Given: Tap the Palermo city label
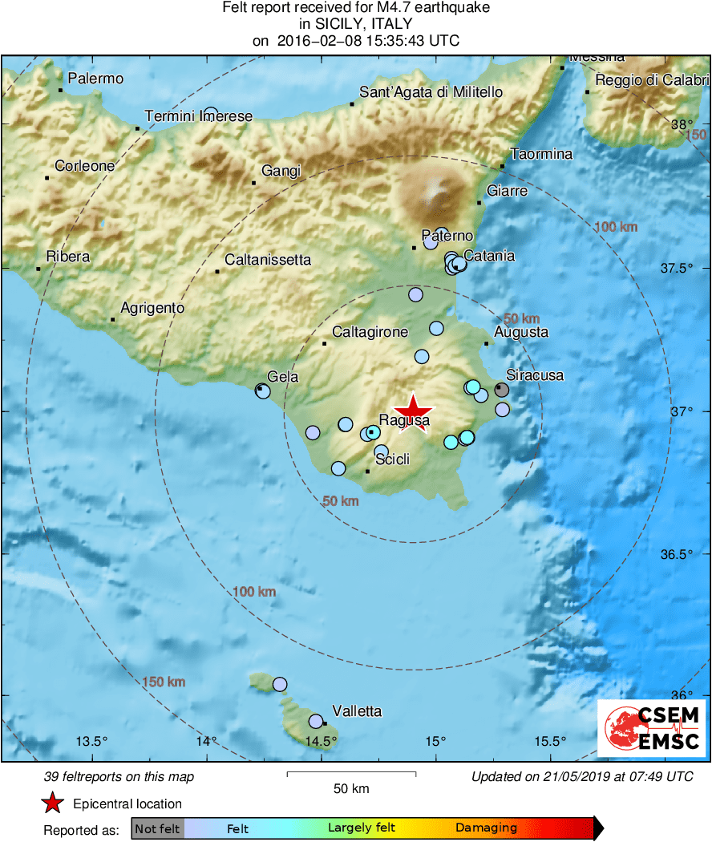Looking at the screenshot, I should tap(95, 79).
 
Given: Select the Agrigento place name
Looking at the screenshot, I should tap(152, 308).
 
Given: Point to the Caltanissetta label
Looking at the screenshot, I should tap(268, 260).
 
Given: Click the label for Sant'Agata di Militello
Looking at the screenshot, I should tap(431, 92).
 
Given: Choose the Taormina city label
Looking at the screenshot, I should tap(542, 154).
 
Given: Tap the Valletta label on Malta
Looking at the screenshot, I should tap(357, 711).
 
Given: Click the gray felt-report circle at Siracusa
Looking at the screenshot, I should tap(501, 390).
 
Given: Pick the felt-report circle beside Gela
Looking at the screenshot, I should tap(262, 391).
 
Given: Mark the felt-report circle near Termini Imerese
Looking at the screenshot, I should tap(211, 113).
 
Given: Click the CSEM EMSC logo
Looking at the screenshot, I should tap(650, 727).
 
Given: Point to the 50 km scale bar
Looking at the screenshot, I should tap(351, 774).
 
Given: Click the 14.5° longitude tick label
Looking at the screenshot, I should tap(321, 741).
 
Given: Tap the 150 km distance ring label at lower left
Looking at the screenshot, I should tap(164, 682).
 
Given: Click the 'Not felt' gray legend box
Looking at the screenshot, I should tap(157, 828).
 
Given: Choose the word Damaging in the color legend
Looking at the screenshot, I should tap(487, 828).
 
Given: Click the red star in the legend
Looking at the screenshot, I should tap(53, 803).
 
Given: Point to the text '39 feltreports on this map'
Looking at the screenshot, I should tap(119, 777).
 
